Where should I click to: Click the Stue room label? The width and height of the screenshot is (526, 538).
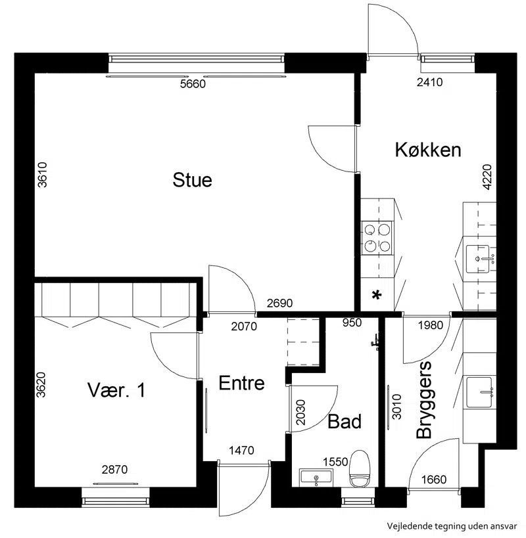click(192, 180)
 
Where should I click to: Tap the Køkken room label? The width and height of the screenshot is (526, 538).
click(428, 150)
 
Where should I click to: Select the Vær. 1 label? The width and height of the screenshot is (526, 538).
click(116, 390)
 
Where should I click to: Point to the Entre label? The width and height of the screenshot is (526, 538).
click(242, 383)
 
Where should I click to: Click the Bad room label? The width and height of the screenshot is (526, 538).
click(345, 421)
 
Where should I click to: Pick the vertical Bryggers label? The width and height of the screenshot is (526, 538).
click(423, 400)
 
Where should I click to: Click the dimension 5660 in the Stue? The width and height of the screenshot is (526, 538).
click(193, 83)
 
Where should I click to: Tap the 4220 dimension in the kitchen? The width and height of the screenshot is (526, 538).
click(487, 177)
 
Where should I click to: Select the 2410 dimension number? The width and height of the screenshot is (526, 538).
click(429, 82)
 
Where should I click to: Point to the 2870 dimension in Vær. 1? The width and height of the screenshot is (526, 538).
click(114, 469)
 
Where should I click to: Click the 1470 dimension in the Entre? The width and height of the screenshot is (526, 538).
click(241, 450)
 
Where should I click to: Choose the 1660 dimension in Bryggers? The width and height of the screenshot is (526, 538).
click(434, 479)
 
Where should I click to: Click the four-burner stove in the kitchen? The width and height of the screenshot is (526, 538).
click(377, 237)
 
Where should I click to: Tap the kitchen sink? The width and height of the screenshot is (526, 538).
click(477, 259)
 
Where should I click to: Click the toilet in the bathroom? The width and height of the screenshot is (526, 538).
click(359, 468)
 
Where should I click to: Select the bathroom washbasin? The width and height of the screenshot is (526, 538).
click(316, 478)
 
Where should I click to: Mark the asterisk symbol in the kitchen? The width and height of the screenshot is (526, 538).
click(377, 295)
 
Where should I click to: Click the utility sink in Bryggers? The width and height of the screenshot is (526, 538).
click(478, 392)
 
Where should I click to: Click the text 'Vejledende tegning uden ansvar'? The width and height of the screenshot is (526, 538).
click(452, 526)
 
